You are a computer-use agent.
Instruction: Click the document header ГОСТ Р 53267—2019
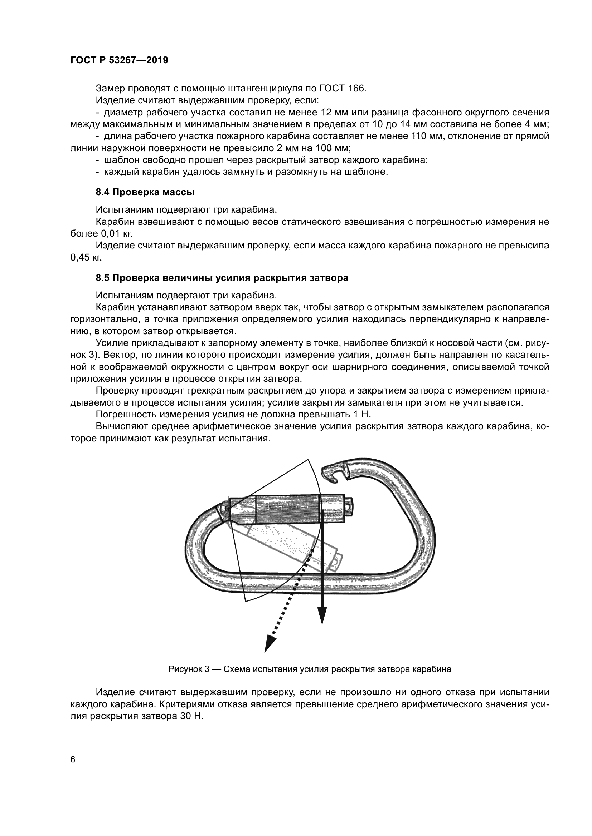119,60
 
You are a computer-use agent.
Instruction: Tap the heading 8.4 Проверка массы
145,192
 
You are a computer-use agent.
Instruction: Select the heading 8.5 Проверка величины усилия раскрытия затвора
222,278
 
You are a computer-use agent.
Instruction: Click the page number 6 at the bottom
73,760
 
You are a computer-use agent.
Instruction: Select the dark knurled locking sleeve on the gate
288,509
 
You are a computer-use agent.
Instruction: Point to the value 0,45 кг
86,258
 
